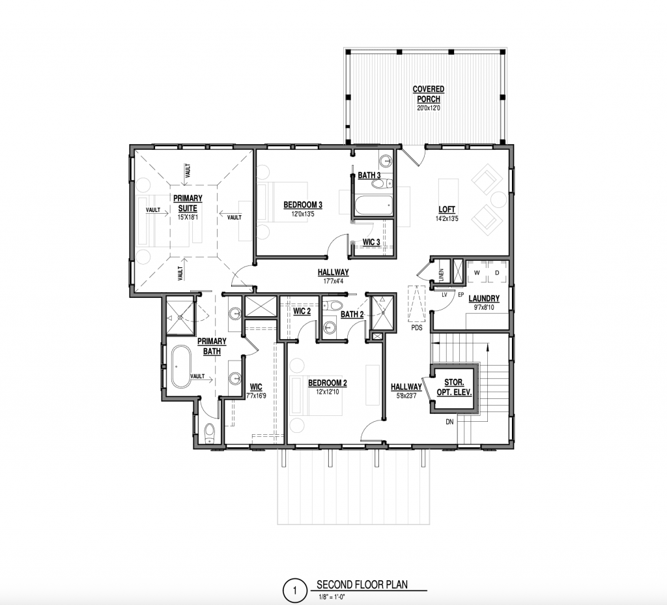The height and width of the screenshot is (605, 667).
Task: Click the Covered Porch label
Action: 429,94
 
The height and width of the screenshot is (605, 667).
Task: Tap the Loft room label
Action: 447,209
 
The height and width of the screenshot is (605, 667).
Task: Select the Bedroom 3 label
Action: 303,205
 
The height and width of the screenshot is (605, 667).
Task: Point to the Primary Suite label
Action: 188,203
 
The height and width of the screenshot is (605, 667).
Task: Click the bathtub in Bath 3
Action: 373,206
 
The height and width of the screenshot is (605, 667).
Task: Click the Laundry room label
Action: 484,299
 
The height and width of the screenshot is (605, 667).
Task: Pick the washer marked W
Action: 477,273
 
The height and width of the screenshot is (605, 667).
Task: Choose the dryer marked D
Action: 497,273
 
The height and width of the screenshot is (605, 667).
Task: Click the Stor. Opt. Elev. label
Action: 454,387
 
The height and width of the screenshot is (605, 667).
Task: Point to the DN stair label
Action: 449,422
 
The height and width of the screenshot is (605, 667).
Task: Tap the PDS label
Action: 417,328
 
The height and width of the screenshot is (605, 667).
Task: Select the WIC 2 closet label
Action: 302,311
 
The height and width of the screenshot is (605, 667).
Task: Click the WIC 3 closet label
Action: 371,242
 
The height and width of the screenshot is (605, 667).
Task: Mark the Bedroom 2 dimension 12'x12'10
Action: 327,392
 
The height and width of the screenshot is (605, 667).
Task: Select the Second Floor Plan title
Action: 362,584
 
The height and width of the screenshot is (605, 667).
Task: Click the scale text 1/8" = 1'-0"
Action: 332,597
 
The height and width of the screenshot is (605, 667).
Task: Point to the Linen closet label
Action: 441,275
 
